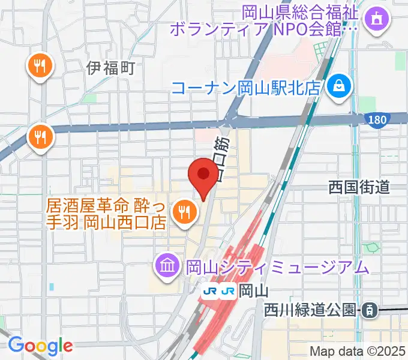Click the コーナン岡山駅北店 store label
(x=247, y=88)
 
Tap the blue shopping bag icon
(x=340, y=88)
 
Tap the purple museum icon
(x=166, y=263)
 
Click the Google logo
(x=40, y=345)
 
